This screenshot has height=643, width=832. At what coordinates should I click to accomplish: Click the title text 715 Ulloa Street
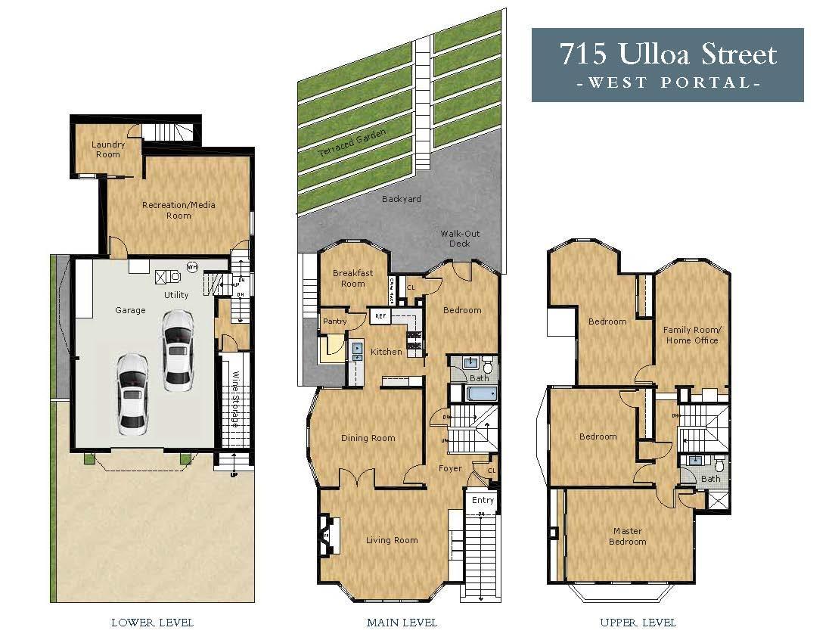click(x=667, y=54)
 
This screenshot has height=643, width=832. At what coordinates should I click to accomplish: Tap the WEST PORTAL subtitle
click(x=667, y=82)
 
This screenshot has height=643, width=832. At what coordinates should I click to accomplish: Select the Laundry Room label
click(x=107, y=149)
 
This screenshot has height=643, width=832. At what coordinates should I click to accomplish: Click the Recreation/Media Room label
click(x=178, y=210)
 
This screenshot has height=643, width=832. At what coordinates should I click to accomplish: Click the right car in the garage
click(x=176, y=349)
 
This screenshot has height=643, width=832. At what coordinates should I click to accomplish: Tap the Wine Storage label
click(x=235, y=399)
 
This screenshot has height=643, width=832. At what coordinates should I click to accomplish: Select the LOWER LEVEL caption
click(x=152, y=623)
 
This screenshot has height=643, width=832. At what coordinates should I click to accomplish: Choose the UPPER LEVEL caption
click(x=638, y=623)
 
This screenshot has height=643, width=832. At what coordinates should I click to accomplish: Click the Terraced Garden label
click(x=352, y=143)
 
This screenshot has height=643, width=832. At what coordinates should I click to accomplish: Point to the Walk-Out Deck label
click(x=460, y=238)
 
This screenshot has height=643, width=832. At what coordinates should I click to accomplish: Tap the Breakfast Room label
click(x=352, y=278)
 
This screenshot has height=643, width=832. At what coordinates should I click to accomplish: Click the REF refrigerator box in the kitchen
click(x=380, y=316)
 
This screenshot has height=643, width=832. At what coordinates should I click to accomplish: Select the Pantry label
click(x=334, y=321)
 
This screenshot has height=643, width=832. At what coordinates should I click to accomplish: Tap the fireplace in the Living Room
click(x=326, y=535)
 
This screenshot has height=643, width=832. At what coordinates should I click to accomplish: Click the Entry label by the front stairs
click(x=483, y=500)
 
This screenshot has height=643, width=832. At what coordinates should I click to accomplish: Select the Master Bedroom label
click(x=628, y=536)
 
